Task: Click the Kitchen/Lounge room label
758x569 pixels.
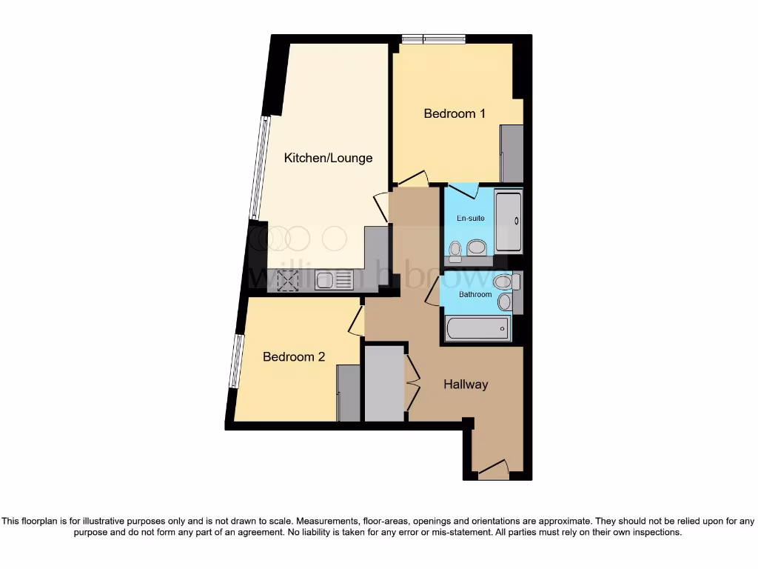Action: coord(329,158)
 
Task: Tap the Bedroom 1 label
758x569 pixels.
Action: coord(455,113)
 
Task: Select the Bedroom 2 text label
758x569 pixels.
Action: coord(294,356)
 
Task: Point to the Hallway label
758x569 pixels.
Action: coord(466,384)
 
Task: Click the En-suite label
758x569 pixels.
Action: coord(470,219)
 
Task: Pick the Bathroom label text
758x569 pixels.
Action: coord(475,294)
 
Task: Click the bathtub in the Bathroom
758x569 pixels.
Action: coord(477,327)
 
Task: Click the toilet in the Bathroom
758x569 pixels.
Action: coord(503,282)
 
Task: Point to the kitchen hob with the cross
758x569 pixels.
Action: coord(287,280)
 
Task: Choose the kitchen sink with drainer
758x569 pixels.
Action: coord(335,280)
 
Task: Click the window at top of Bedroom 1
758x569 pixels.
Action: coord(433,39)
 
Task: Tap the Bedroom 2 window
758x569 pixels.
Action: coord(235,361)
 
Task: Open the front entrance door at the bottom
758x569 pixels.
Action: coord(493,470)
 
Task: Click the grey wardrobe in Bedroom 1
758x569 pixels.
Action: coord(512,153)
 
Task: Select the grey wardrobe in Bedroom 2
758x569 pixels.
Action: coord(348,393)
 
